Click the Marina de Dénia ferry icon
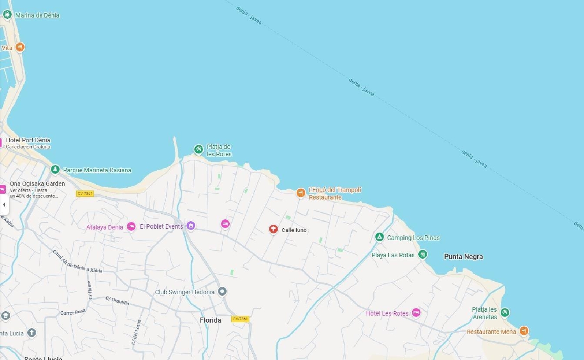pyautogui.click(x=7, y=15)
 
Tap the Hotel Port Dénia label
pyautogui.click(x=28, y=140)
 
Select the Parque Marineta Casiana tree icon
pyautogui.click(x=55, y=169)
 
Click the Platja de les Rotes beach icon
pyautogui.click(x=199, y=149)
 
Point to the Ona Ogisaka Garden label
pyautogui.click(x=37, y=184)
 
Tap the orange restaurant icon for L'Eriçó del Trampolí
pyautogui.click(x=301, y=193)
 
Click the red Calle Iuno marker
pyautogui.click(x=273, y=229)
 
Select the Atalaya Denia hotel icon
pyautogui.click(x=132, y=227)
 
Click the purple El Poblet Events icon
pyautogui.click(x=190, y=226)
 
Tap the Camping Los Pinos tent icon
pyautogui.click(x=380, y=237)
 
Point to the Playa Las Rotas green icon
pyautogui.click(x=422, y=254)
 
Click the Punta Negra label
pyautogui.click(x=463, y=257)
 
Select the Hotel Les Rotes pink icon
pyautogui.click(x=416, y=312)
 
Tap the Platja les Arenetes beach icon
pyautogui.click(x=505, y=312)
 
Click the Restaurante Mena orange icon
pyautogui.click(x=524, y=331)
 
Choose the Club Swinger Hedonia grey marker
pyautogui.click(x=222, y=291)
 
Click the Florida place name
pyautogui.click(x=210, y=320)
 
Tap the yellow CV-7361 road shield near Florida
pyautogui.click(x=240, y=319)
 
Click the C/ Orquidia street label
pyautogui.click(x=117, y=301)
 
